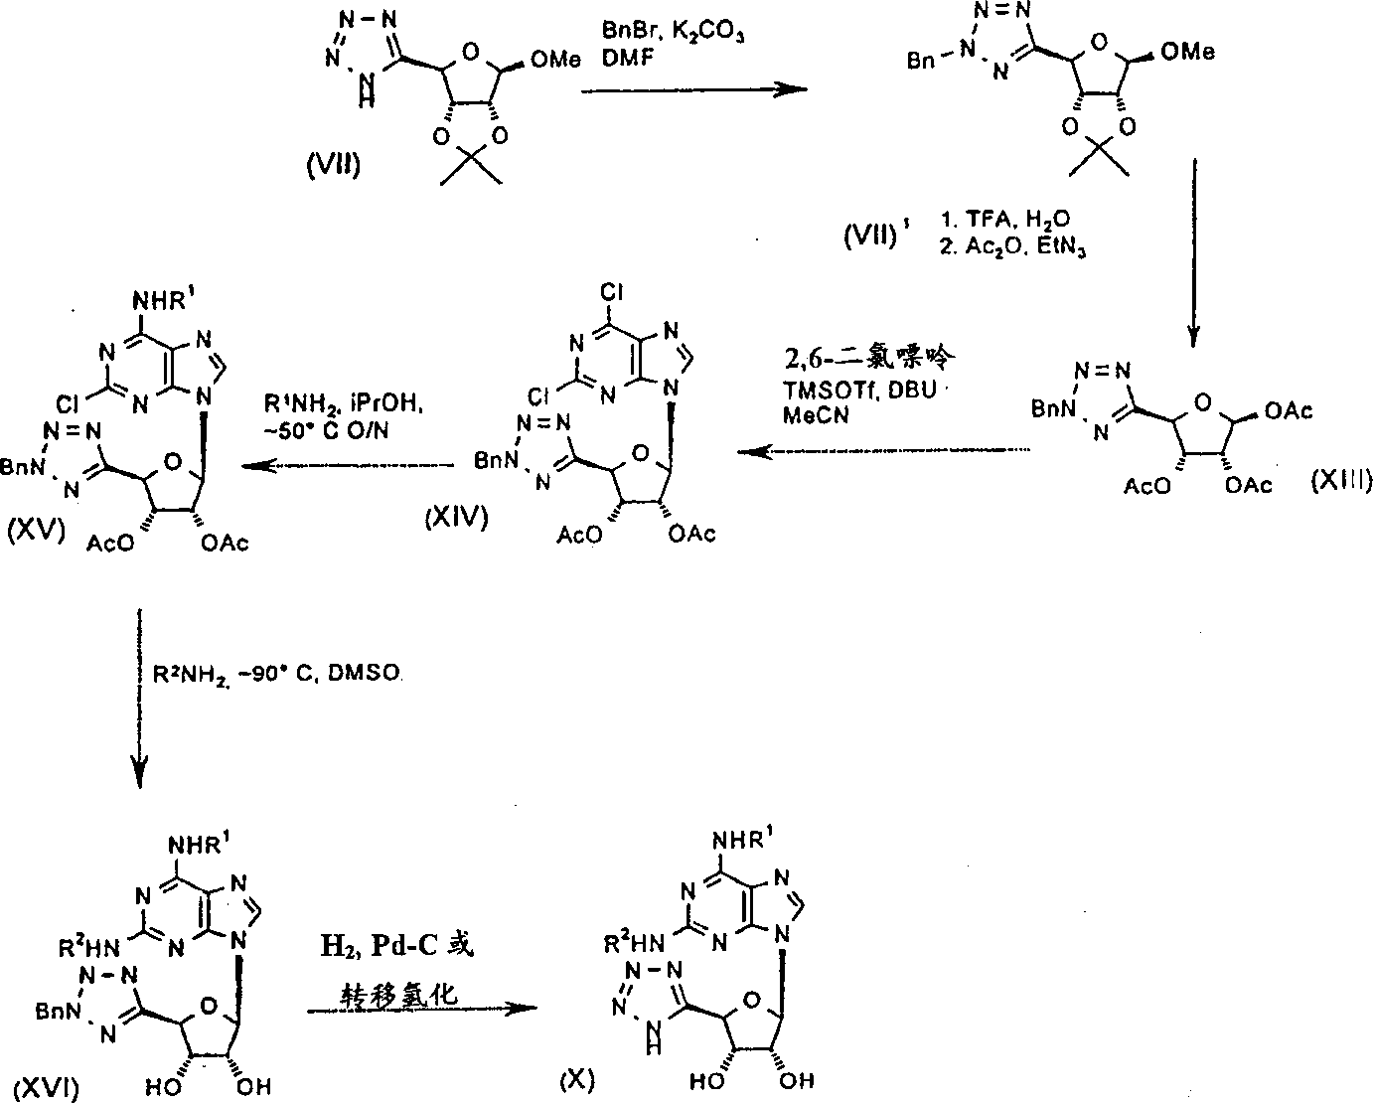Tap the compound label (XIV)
coord(456,517)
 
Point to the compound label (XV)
coord(37,529)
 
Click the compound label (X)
coord(576,1078)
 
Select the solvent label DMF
coord(623,61)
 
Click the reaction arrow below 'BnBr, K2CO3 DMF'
coord(692,89)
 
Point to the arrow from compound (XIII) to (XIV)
coord(884,452)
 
